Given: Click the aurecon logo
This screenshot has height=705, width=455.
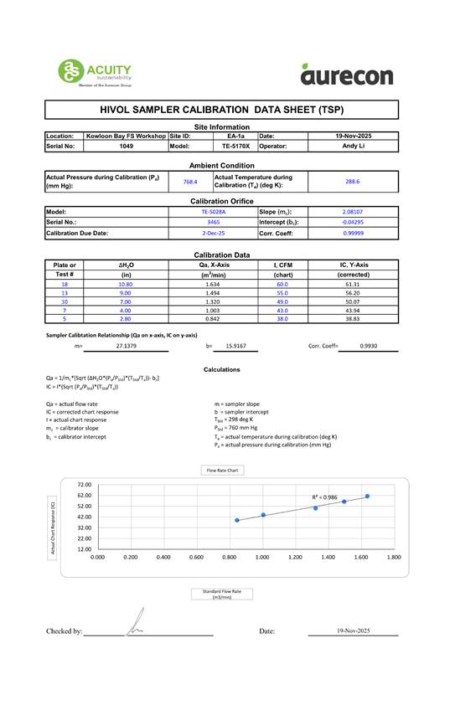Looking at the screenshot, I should click(x=346, y=75).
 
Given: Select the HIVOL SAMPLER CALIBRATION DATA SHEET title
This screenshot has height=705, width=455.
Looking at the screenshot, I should click(x=221, y=110).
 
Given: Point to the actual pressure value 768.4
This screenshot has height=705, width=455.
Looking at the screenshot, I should click(x=190, y=181).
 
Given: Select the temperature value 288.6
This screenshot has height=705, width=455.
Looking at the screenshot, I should click(x=353, y=181).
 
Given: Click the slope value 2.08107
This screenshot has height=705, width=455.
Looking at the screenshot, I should click(x=353, y=212).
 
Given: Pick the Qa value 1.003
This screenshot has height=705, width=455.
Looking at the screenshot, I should click(x=212, y=311).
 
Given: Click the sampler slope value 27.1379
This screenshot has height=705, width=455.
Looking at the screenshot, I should click(x=126, y=345).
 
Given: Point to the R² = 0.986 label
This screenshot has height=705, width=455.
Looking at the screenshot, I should click(x=324, y=497).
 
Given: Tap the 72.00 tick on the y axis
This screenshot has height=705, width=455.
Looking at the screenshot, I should click(x=84, y=485).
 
